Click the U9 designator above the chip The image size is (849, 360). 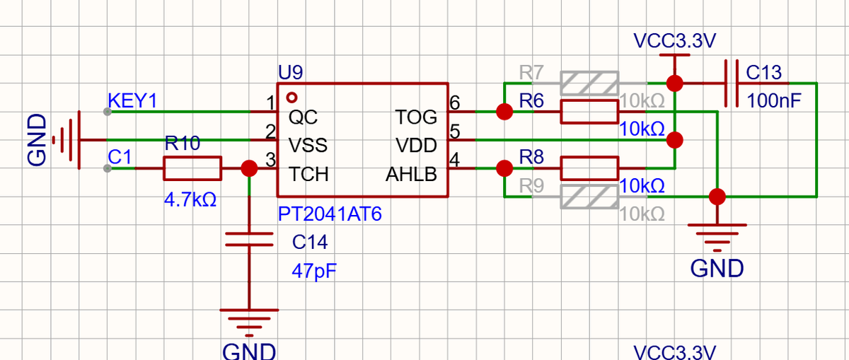[x=290, y=72]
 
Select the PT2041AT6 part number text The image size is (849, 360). [x=330, y=214]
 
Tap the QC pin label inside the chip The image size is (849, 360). [x=303, y=117]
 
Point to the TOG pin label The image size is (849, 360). [x=416, y=117]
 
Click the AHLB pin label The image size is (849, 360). [x=411, y=175]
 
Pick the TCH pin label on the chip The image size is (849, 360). [x=308, y=175]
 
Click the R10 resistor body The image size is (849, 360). [x=192, y=168]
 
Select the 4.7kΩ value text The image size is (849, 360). [x=190, y=199]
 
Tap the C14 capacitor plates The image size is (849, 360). [x=249, y=239]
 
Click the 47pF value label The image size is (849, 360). [x=314, y=272]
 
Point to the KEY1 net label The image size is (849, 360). [x=132, y=101]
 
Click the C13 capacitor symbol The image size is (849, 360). [x=732, y=83]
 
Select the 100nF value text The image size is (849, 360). [x=774, y=101]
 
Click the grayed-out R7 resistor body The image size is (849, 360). [x=589, y=83]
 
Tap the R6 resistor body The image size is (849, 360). [x=589, y=112]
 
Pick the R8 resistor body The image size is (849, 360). [x=589, y=168]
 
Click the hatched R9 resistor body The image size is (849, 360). [x=589, y=197]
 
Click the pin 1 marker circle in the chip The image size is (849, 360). [x=291, y=98]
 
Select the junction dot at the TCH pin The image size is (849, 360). [x=249, y=168]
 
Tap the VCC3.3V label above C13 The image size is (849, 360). [x=675, y=41]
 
